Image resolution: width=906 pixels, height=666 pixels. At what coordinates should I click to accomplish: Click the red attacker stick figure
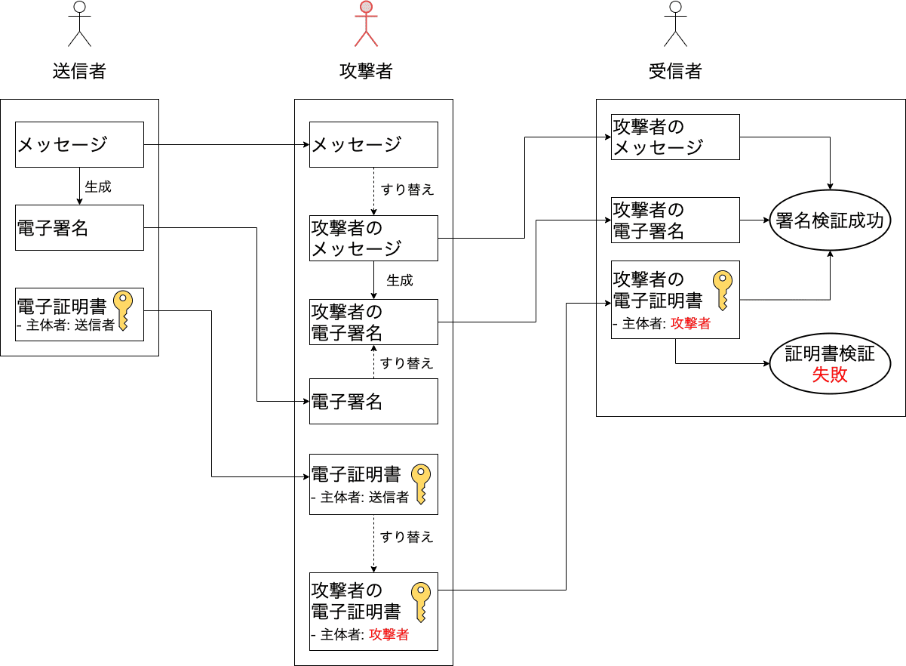366,24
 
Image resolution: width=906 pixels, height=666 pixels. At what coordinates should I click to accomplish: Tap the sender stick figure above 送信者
79,24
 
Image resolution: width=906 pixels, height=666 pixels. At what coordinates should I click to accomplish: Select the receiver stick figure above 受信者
675,24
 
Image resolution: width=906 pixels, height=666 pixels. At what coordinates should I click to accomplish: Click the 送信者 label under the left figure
79,71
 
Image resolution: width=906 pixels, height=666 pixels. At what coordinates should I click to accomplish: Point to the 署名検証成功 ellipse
830,220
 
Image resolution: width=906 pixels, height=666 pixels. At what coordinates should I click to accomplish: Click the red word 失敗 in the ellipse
830,375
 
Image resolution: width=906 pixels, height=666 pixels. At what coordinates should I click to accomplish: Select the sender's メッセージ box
79,144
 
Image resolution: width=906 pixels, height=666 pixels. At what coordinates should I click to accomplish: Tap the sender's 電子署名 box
79,227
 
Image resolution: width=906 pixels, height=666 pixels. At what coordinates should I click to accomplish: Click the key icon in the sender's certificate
123,310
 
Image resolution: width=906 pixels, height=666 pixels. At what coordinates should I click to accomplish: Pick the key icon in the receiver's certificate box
723,290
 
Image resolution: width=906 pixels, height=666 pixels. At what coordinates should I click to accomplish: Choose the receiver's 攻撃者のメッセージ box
675,137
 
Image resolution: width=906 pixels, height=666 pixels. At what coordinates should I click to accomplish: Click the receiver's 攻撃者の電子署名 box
675,220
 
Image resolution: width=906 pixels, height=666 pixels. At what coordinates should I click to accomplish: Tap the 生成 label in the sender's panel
98,187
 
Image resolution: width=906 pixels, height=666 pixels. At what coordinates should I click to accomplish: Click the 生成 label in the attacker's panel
400,280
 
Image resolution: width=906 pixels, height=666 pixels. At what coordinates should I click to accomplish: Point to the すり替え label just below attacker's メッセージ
407,190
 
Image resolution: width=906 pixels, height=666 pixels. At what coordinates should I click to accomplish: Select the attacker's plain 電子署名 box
373,401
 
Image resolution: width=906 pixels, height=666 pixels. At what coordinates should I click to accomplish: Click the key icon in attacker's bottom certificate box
421,601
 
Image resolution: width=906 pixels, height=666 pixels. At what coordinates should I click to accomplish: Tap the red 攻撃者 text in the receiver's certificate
690,323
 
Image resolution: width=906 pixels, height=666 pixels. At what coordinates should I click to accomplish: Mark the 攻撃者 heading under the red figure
366,71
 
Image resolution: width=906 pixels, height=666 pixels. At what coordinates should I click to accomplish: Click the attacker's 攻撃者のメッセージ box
373,239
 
